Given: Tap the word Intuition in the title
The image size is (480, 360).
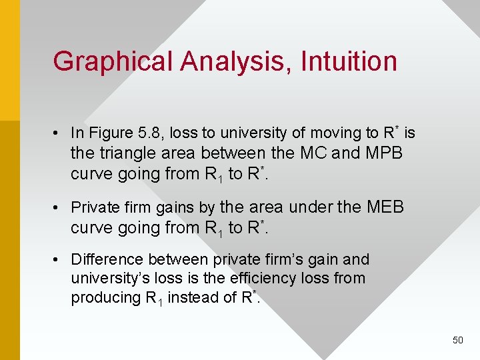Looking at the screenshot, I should pyautogui.click(x=349, y=61).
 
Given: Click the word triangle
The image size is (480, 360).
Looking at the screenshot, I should pyautogui.click(x=126, y=153).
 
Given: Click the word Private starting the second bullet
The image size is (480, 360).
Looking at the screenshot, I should pyautogui.click(x=92, y=207).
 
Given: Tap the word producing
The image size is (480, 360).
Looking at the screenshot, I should pyautogui.click(x=106, y=297).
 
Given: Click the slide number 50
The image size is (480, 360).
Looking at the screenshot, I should pyautogui.click(x=457, y=340).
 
